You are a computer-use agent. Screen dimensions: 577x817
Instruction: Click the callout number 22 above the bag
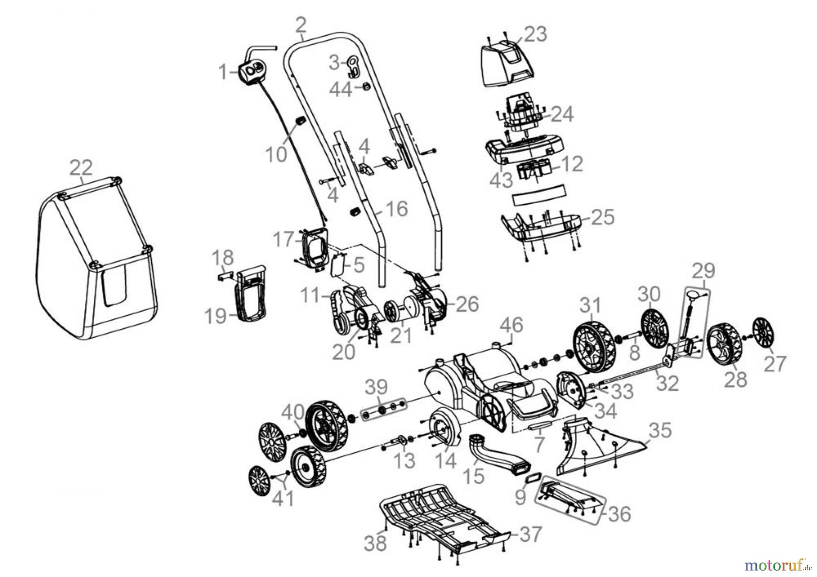81,168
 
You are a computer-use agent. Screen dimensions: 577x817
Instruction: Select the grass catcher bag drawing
95,259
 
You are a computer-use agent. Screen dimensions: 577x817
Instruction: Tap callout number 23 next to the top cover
536,35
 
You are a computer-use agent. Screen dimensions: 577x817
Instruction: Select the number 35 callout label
660,430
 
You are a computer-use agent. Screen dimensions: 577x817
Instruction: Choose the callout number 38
376,543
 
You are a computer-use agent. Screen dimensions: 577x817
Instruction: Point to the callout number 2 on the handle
300,25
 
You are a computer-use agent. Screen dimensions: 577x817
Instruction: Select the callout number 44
340,89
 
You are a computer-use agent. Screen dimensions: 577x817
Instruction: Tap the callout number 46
512,325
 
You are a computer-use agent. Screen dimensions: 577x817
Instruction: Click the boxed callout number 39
376,387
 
